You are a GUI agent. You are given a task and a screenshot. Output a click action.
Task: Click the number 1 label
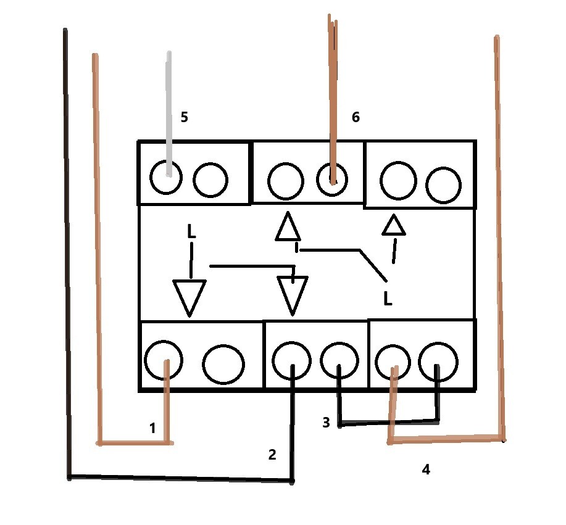[x=152, y=428]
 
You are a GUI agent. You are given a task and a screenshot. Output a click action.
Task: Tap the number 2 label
[x=272, y=454]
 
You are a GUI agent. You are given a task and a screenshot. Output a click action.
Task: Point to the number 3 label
[x=326, y=422]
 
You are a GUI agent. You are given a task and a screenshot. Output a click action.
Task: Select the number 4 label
[x=426, y=469]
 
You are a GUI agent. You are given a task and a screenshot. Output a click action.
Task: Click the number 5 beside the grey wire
[x=184, y=117]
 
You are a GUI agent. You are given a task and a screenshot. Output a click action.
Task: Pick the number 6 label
[x=356, y=117]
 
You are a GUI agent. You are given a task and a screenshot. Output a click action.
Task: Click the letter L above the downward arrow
[x=191, y=231]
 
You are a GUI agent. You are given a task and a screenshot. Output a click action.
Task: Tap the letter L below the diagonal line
[x=388, y=299]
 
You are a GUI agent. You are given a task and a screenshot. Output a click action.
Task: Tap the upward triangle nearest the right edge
[x=394, y=225]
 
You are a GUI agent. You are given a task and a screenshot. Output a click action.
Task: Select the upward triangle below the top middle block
[x=288, y=226]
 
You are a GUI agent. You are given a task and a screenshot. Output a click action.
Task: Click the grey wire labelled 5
[x=169, y=114]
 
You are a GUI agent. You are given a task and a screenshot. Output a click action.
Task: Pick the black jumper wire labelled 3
[x=388, y=423]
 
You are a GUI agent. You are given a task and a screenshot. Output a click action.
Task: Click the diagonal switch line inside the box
[x=373, y=265]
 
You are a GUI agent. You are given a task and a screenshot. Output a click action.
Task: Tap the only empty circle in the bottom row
[x=223, y=364]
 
